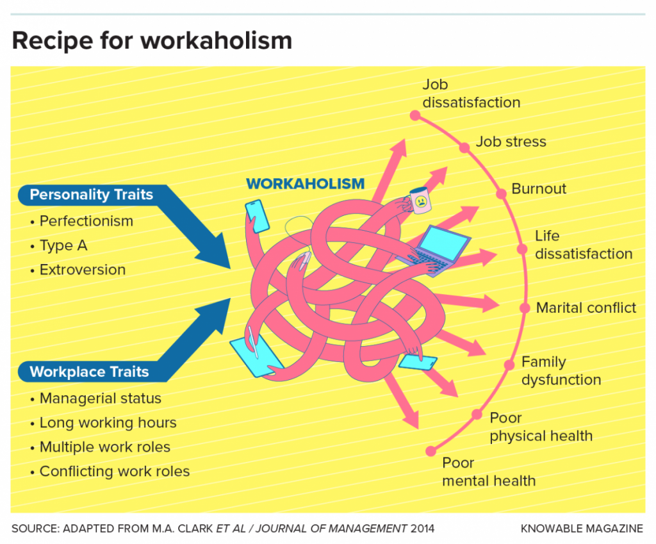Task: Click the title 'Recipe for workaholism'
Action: tap(152, 40)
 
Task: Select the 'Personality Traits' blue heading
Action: tap(91, 194)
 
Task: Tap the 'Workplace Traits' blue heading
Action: tap(89, 372)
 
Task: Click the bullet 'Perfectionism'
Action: tap(86, 221)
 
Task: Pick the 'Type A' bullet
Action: tap(63, 245)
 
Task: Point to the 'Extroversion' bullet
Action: tap(82, 270)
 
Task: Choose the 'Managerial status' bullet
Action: tap(100, 399)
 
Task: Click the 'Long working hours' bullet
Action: tap(108, 423)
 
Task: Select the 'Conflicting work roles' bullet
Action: tap(114, 472)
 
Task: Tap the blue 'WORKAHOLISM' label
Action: tap(305, 184)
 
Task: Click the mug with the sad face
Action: tap(420, 201)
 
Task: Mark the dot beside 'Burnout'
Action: tap(502, 193)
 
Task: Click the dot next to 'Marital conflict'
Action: tap(525, 308)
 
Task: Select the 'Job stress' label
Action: tap(511, 142)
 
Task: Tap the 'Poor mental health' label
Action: tap(488, 472)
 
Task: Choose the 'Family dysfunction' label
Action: tap(561, 371)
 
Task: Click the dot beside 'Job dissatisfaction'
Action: tap(414, 116)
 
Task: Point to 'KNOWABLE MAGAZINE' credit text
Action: tap(582, 529)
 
